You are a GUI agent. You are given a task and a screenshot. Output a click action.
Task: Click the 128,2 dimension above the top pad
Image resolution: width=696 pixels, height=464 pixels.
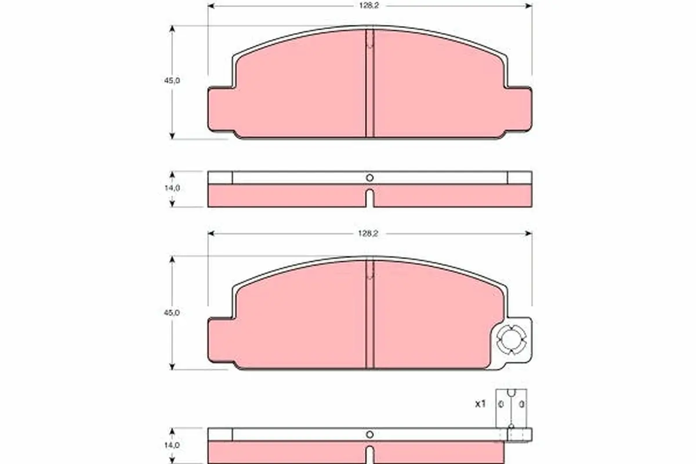tap(369, 6)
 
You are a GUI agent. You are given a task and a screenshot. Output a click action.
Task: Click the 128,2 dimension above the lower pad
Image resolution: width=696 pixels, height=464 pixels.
tap(368, 234)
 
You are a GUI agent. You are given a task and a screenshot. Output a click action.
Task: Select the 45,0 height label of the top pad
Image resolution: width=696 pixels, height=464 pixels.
tap(172, 81)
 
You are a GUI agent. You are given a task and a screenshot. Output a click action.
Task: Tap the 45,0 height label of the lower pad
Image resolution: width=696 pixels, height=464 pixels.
tap(172, 313)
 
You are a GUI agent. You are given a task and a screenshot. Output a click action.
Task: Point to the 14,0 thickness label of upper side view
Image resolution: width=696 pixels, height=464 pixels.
tap(172, 188)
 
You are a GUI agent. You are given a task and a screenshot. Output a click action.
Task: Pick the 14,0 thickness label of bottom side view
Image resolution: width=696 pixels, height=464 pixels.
tap(172, 445)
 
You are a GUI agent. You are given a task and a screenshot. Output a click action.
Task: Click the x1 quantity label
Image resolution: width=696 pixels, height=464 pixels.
tap(480, 404)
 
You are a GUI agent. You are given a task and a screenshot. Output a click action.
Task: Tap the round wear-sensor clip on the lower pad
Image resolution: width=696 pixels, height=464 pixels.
tap(512, 340)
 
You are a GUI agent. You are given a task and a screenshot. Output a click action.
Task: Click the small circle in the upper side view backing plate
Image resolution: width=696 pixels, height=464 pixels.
tap(370, 177)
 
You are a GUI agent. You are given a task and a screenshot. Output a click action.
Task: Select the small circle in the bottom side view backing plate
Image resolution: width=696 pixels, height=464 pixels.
tap(370, 434)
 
